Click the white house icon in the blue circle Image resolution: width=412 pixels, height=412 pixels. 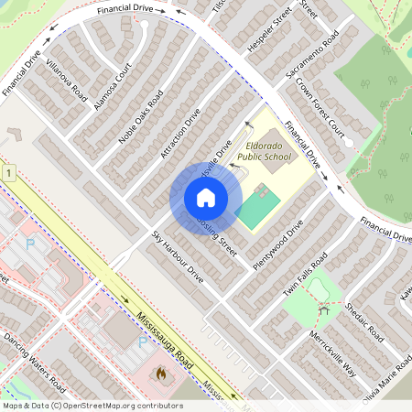pyautogui.click(x=205, y=198)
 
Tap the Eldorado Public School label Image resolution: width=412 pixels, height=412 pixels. pyautogui.click(x=264, y=151)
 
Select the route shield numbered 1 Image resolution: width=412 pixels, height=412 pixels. pyautogui.click(x=7, y=172)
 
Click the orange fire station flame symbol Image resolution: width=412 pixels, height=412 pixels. pyautogui.click(x=162, y=374)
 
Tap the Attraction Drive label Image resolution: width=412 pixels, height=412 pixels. pyautogui.click(x=179, y=135)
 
